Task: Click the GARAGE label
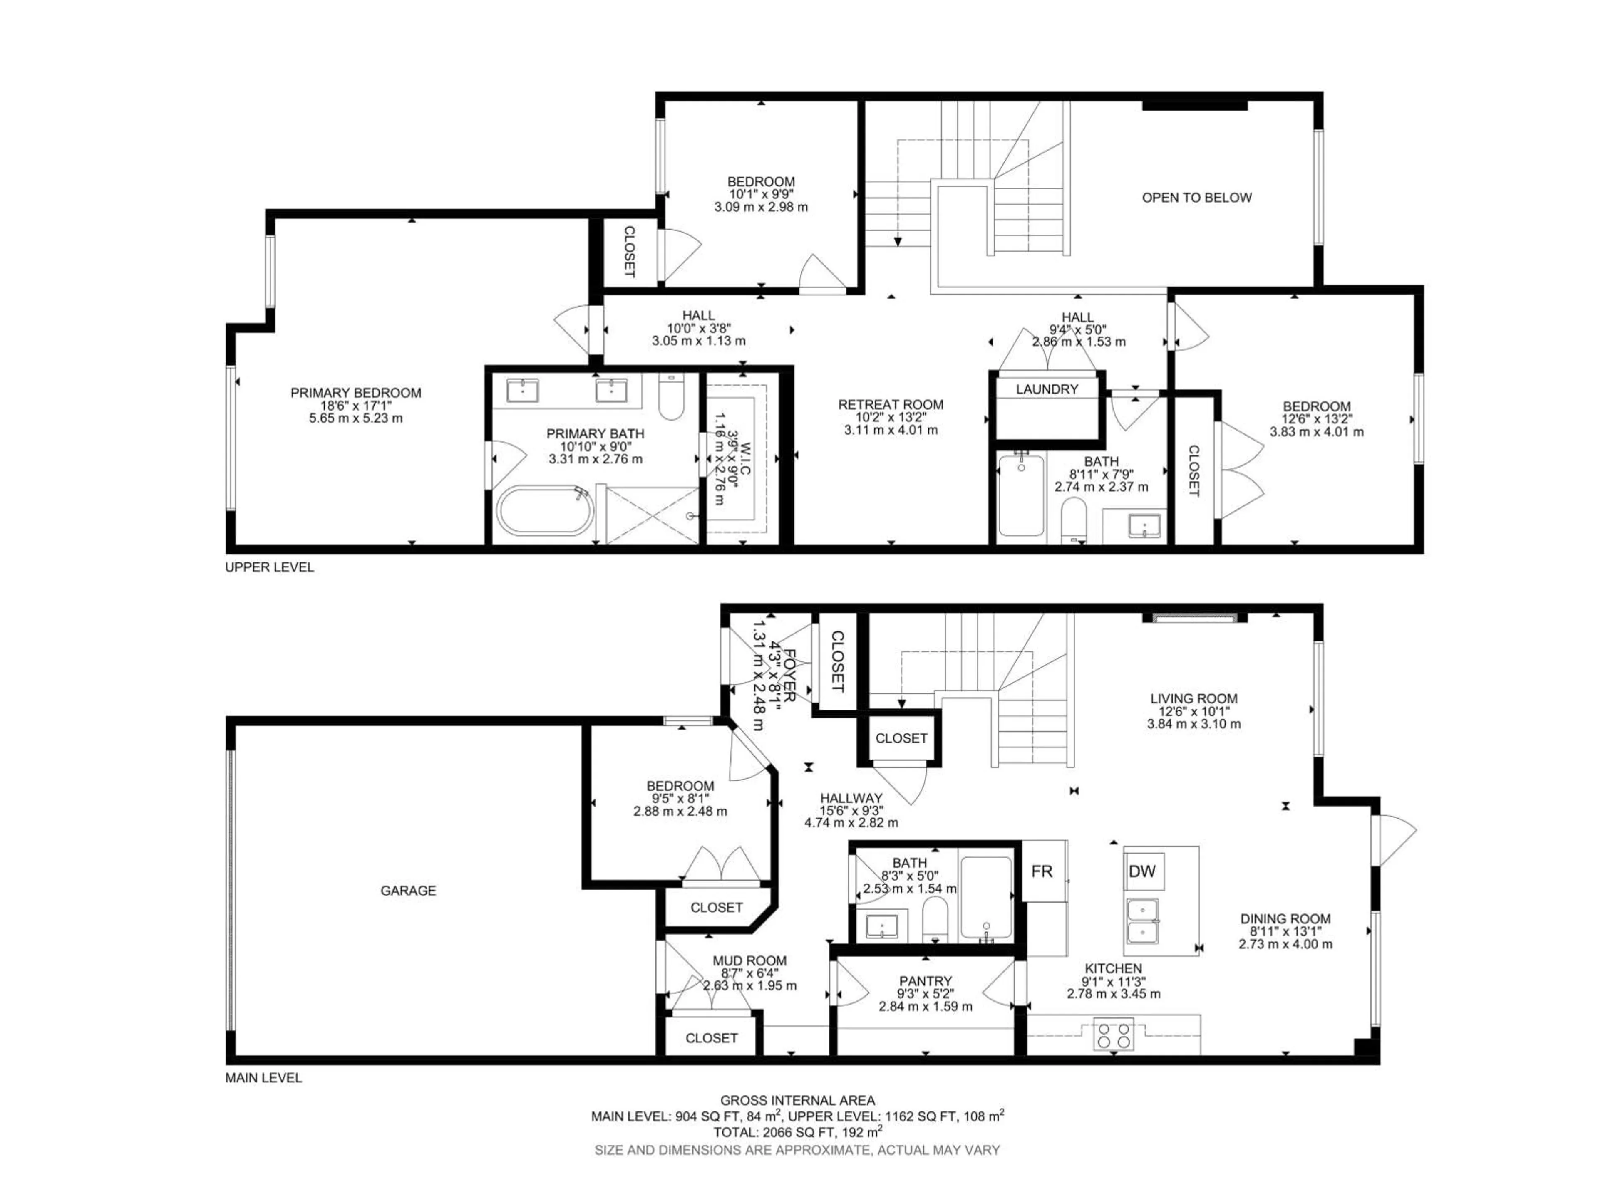coord(408,890)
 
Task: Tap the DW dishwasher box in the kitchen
coord(1142,871)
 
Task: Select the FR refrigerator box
coord(1042,871)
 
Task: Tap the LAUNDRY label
coord(1047,389)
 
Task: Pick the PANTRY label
coord(926,980)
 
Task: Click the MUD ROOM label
coord(749,960)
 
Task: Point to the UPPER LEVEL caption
coord(270,567)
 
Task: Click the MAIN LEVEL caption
coord(264,1078)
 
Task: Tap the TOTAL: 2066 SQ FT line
coord(798,1132)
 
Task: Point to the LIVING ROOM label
coord(1194,698)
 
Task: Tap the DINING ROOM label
coord(1285,918)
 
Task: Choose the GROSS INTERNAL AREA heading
coord(798,1101)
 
